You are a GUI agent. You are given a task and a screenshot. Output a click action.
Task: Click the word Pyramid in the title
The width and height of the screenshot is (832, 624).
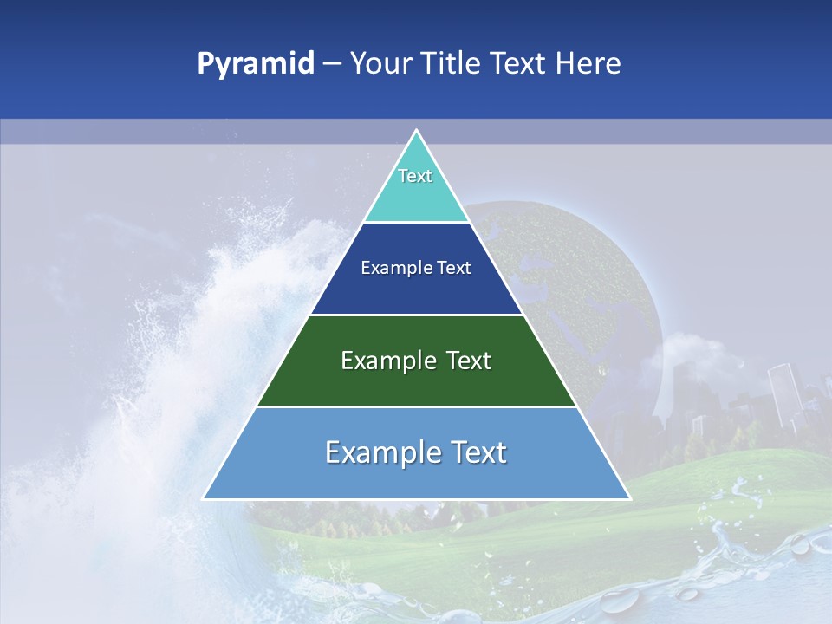click(255, 64)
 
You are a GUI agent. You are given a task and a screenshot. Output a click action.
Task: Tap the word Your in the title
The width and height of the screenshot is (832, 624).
click(382, 64)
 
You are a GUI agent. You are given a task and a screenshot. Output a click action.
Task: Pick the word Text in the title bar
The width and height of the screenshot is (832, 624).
click(519, 64)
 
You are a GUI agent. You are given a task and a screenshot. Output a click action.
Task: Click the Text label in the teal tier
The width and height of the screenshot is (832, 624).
click(415, 176)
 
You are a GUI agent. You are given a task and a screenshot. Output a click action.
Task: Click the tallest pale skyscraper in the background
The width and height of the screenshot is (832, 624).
click(782, 394)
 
